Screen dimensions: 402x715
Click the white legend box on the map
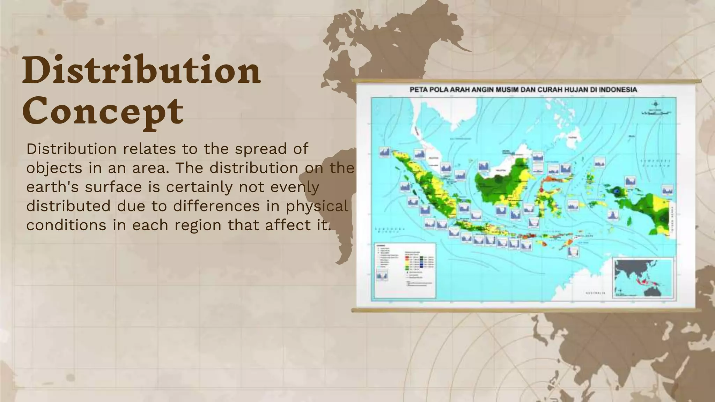405,270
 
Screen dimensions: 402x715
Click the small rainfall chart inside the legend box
382,276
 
